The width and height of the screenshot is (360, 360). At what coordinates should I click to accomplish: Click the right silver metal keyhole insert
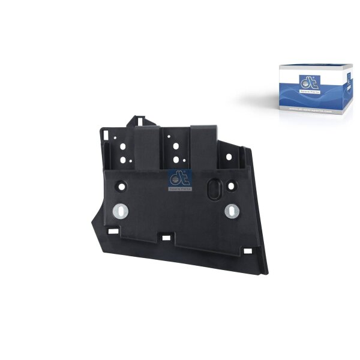(232, 211)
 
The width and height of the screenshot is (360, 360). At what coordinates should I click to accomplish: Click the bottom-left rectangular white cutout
(112, 230)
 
